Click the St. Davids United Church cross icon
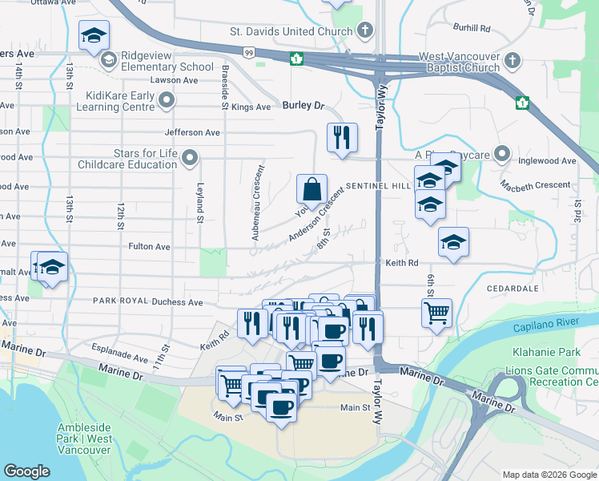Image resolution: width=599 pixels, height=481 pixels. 365,32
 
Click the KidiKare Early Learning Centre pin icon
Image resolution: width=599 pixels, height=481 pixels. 167,100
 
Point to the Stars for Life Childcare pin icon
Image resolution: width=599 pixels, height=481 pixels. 190,157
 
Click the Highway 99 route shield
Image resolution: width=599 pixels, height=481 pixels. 250,52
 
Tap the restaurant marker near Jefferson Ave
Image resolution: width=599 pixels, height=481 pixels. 342,137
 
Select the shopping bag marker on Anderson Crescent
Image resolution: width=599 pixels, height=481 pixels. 312,189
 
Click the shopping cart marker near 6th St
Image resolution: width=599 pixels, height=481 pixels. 436,313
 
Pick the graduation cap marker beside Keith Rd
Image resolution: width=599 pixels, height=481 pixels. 453,242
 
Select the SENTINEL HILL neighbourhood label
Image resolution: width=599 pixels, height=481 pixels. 379,185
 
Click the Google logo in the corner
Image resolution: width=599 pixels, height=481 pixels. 27,471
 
